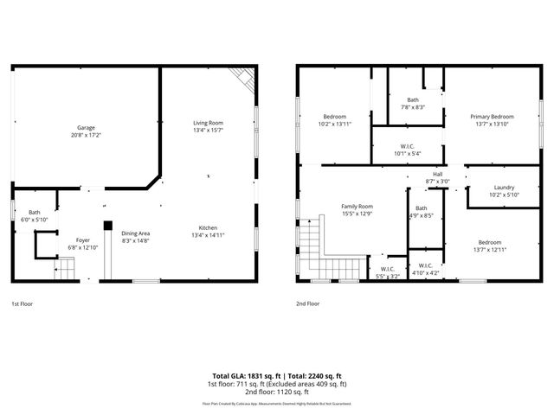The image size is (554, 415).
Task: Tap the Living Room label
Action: coord(208,123)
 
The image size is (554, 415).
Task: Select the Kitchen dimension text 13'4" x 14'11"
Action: coord(208,234)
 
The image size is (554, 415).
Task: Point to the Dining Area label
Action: coord(136,233)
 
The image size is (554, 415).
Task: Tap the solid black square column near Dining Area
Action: coord(107,226)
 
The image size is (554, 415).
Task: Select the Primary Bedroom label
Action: coord(492,117)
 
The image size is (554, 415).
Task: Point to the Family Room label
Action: coord(356,206)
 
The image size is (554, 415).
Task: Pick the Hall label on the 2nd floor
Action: coord(438,174)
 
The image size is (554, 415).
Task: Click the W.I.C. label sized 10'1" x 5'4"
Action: coord(407,145)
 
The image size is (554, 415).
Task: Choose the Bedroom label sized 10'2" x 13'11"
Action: coord(335,117)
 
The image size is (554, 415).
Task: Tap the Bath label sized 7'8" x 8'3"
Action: coord(413,99)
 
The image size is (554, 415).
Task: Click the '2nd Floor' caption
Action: coord(308,304)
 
